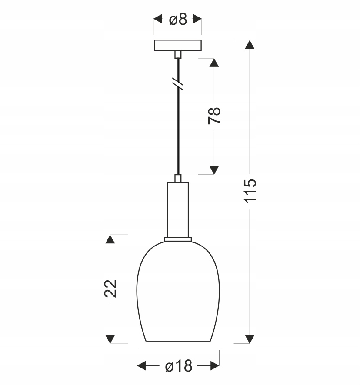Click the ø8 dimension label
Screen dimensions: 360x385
178,20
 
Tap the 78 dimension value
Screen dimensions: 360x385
214,116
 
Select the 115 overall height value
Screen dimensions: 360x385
250,191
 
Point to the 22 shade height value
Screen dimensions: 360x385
110,289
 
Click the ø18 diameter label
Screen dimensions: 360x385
179,366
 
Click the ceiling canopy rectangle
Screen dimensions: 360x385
178,45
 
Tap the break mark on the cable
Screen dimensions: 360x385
178,84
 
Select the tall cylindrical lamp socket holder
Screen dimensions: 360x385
178,210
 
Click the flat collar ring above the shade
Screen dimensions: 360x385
178,239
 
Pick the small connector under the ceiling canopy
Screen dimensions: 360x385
178,54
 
